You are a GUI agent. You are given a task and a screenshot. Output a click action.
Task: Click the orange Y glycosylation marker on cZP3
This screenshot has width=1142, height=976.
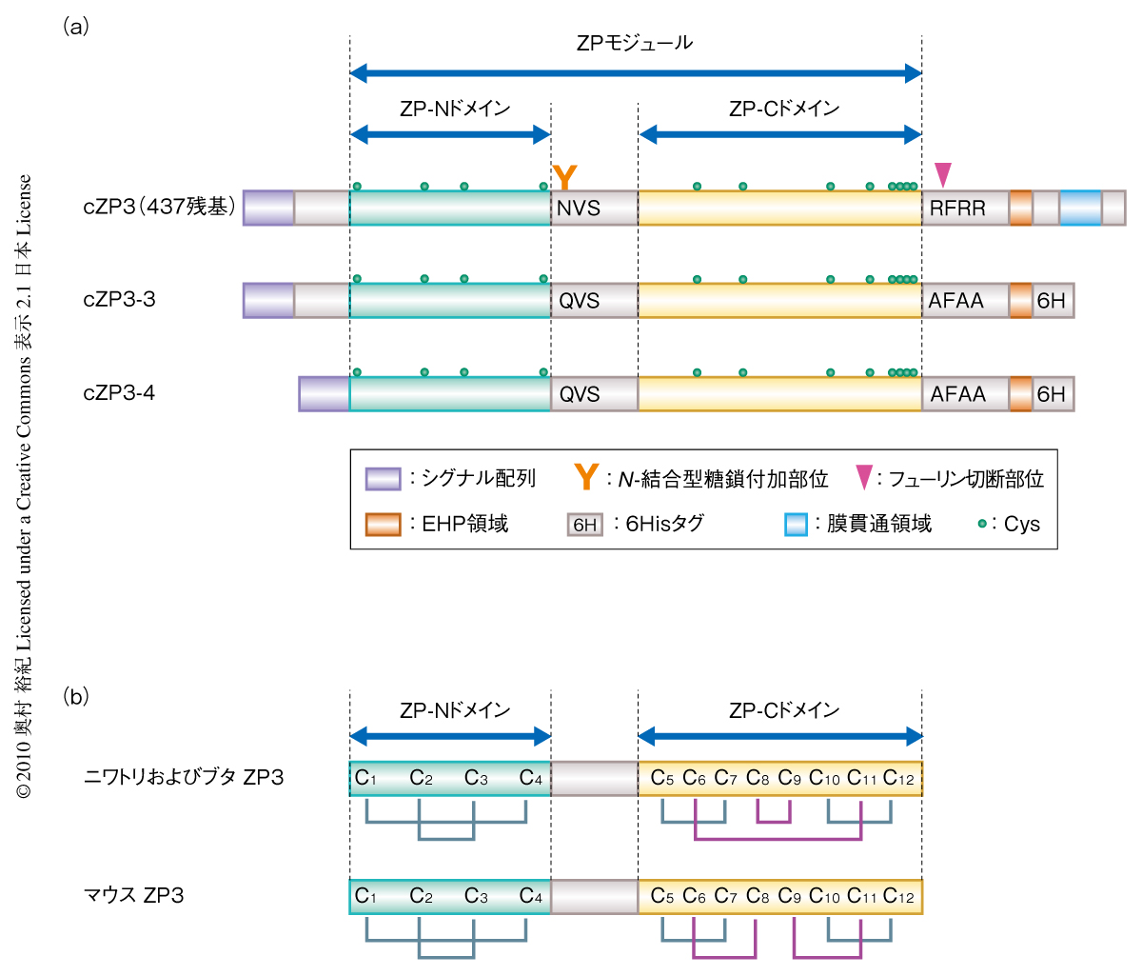[564, 177]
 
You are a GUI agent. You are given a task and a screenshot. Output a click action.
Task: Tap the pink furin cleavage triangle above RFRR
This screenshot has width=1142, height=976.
[942, 174]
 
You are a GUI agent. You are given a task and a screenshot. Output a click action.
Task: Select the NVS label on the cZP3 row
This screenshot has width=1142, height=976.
[579, 208]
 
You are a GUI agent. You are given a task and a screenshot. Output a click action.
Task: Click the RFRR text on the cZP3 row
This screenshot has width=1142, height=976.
[957, 208]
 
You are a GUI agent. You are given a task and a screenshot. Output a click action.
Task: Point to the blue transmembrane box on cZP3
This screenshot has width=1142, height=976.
[1080, 208]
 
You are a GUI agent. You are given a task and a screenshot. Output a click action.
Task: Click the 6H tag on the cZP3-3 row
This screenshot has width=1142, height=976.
[1052, 301]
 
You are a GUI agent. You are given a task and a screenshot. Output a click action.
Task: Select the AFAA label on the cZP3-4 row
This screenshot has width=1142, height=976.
[957, 394]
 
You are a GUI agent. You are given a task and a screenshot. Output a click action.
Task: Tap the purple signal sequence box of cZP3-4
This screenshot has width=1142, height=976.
[324, 394]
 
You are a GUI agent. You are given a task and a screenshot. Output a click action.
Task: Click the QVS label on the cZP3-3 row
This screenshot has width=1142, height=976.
[579, 301]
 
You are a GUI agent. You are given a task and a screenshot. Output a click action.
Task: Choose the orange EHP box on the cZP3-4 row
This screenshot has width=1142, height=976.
[1020, 394]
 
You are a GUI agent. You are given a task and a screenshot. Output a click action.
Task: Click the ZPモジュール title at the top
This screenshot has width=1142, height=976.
[635, 43]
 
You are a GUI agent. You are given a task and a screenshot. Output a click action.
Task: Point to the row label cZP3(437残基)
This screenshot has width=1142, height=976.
[158, 207]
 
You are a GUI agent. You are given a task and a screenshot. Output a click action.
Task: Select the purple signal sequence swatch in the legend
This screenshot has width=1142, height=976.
[383, 478]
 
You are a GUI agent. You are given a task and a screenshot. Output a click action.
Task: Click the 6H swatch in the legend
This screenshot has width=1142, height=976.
[585, 525]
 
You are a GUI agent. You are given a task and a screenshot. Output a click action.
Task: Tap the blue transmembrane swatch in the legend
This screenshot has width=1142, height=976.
[796, 525]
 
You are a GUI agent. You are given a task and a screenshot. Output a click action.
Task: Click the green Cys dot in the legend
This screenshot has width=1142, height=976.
[983, 523]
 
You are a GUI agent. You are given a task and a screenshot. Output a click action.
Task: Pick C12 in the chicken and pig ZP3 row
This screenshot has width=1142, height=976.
[897, 779]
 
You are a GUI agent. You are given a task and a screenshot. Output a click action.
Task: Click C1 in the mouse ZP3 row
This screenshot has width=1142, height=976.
[365, 896]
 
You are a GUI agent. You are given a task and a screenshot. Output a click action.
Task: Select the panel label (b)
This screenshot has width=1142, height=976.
[76, 696]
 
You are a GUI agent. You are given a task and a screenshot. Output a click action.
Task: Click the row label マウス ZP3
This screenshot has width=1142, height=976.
[134, 895]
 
